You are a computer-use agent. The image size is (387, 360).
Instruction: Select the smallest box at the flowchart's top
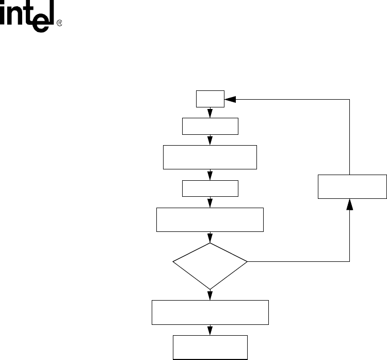[211, 99]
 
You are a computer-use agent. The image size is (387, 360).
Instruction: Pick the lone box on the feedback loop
[352, 186]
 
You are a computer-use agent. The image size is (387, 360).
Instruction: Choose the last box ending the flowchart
[210, 347]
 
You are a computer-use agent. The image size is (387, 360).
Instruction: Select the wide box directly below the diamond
[210, 312]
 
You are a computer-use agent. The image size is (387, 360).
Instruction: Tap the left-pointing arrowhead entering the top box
[230, 99]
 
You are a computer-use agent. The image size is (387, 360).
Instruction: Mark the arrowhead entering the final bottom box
[211, 331]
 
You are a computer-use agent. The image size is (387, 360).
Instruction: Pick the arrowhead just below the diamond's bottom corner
[211, 295]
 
